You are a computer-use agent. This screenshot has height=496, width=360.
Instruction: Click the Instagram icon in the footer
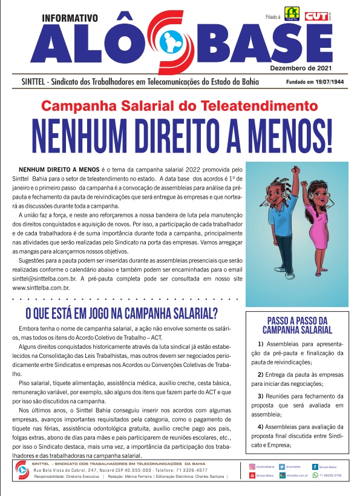click(x=252, y=467)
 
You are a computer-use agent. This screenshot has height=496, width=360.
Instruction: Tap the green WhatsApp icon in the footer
click(x=315, y=476)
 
